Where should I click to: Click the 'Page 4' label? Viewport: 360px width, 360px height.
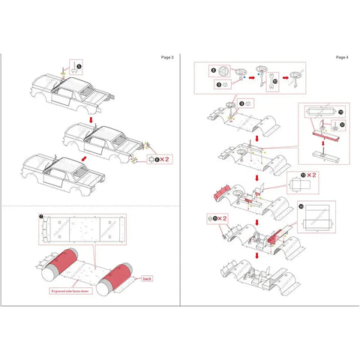pos(342,57)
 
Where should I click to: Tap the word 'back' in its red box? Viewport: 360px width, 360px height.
pos(147,277)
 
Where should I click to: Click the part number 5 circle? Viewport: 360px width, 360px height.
pos(80,67)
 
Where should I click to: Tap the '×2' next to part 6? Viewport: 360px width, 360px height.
pos(166,159)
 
